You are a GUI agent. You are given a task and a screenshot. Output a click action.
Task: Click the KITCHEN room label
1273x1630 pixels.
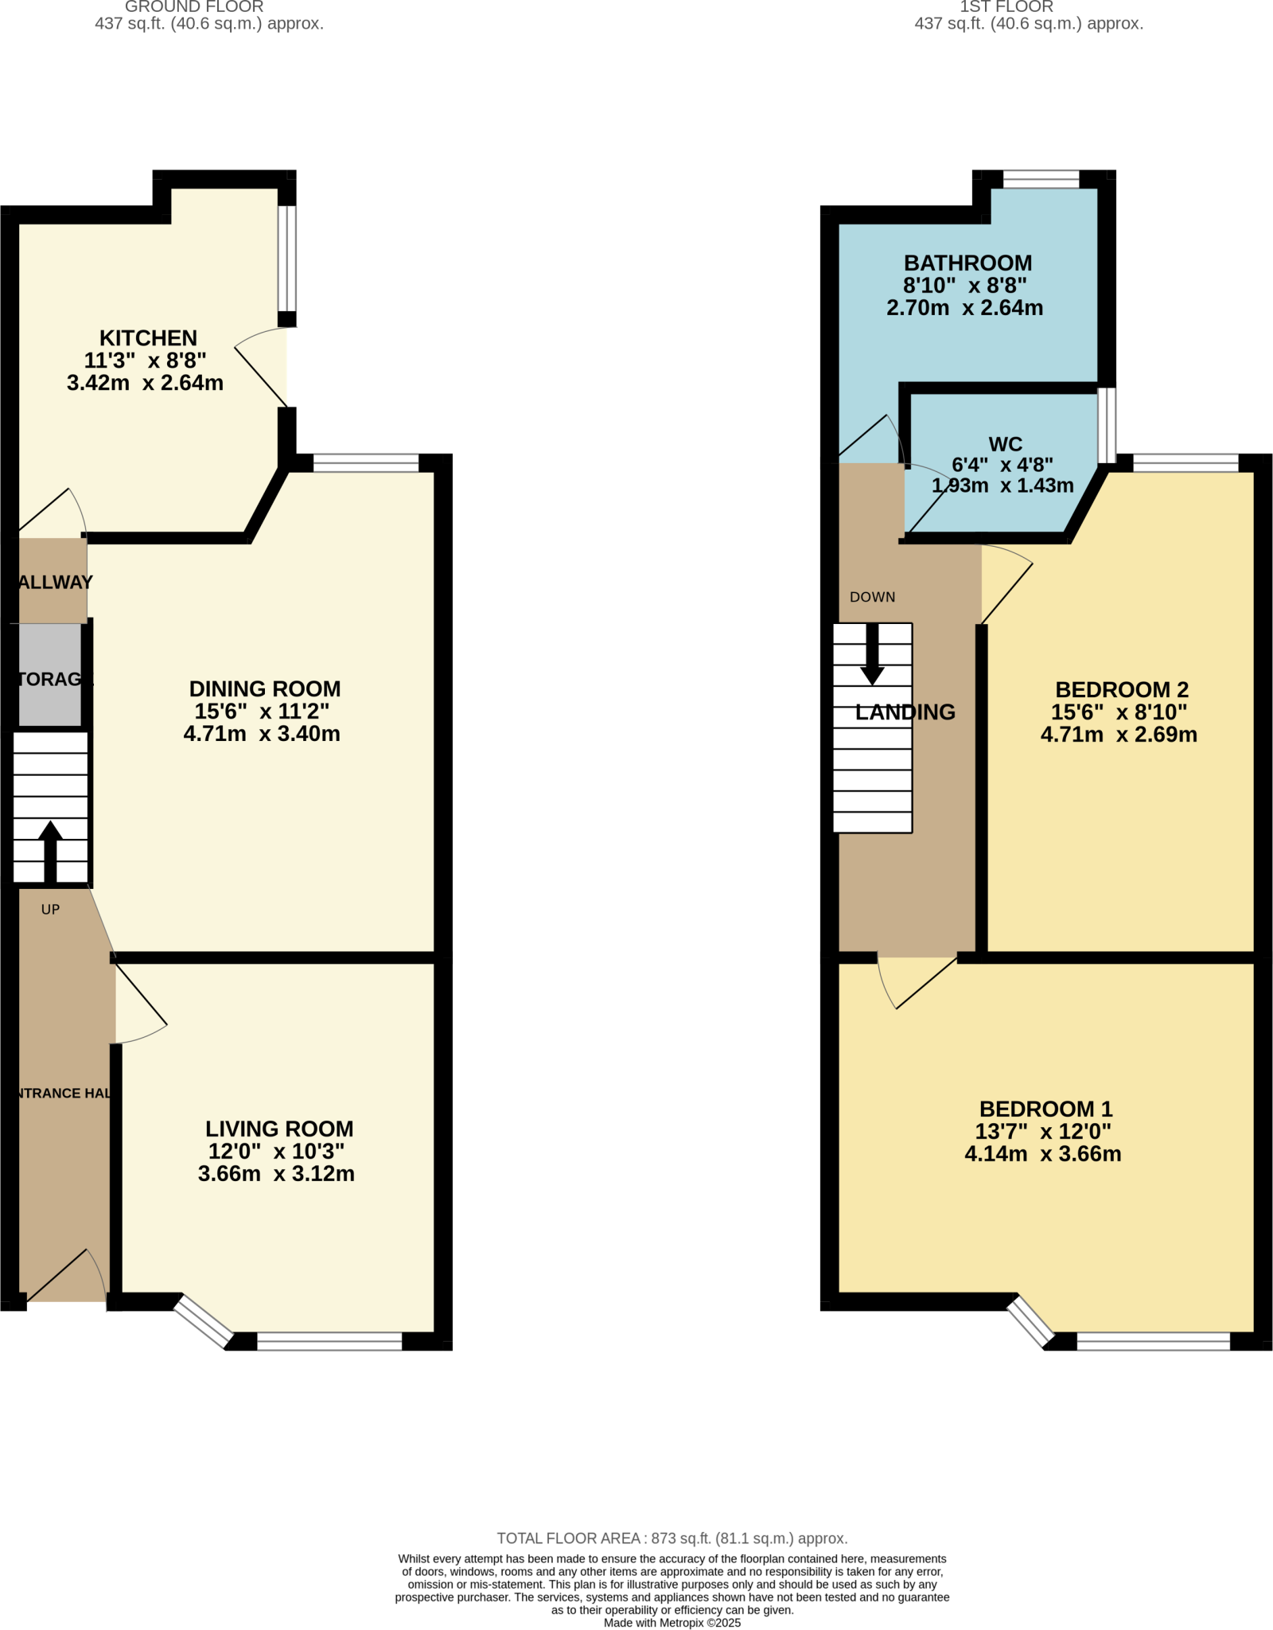(148, 338)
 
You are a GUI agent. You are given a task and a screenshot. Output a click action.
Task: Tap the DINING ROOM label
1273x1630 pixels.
(265, 689)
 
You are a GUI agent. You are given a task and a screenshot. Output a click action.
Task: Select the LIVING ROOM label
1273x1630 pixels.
(279, 1129)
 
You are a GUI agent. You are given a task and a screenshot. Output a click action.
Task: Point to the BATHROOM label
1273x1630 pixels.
(967, 263)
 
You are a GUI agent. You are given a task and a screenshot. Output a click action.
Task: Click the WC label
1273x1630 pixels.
(1006, 444)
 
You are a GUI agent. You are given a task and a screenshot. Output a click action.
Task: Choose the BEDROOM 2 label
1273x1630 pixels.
(1122, 690)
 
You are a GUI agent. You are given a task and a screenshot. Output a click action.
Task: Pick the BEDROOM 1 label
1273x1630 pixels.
(1045, 1109)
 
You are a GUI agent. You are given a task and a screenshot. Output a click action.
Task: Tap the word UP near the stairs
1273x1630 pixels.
(50, 910)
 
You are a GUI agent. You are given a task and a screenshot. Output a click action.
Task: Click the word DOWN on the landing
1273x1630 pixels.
(872, 597)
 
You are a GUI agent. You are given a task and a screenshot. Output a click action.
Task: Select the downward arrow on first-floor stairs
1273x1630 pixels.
(872, 657)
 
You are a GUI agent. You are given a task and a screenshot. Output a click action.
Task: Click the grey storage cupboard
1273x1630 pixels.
(49, 675)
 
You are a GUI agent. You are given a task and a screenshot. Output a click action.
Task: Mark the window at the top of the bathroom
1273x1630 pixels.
(1041, 180)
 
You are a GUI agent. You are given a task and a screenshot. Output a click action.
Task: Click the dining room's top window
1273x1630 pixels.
(366, 463)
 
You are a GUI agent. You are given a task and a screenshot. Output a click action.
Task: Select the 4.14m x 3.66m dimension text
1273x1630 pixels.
(1042, 1154)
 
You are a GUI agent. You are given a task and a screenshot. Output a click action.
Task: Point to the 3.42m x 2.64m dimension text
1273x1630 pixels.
(145, 383)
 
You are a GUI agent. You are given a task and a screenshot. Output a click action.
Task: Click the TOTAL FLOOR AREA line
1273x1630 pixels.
(672, 1538)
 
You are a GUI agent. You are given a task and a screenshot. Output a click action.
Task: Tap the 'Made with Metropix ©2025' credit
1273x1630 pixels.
(672, 1623)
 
